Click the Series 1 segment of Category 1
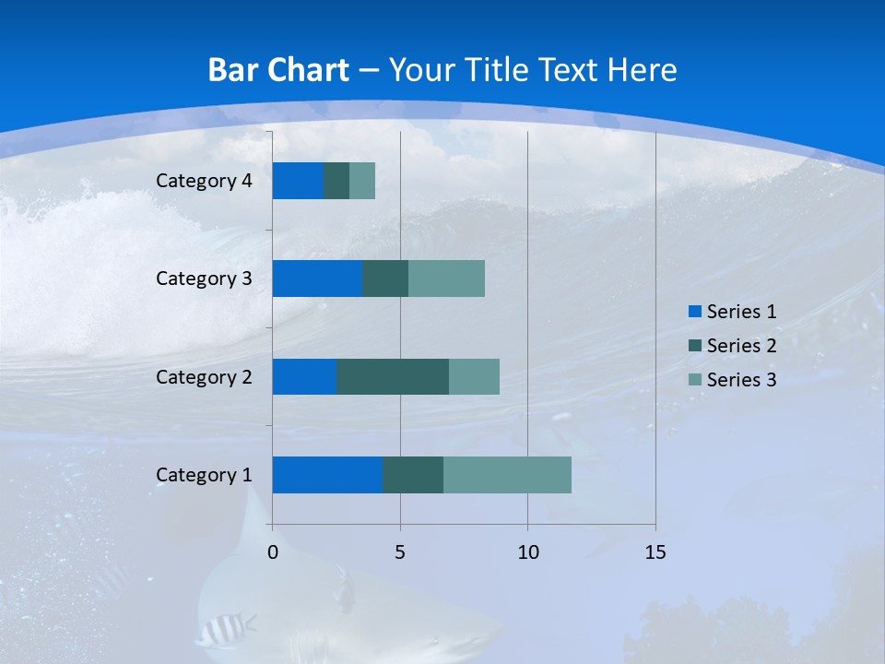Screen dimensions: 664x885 327,475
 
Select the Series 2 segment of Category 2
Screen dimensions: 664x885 393,376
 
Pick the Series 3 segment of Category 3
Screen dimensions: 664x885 446,279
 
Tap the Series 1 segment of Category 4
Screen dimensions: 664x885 298,181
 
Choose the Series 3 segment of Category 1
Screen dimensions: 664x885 507,475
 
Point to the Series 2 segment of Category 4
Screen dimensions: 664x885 336,181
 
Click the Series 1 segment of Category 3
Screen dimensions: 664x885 317,279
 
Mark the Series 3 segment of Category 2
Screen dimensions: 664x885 474,376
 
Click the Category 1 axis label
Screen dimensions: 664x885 204,475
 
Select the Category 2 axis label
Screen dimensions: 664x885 204,377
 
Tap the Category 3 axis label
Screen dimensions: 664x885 204,279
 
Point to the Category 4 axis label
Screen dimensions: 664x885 204,181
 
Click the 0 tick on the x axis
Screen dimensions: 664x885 273,552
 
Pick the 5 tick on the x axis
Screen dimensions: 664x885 400,552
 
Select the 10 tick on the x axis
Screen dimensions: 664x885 527,552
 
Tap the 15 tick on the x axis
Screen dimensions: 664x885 655,552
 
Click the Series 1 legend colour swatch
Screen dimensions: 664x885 694,312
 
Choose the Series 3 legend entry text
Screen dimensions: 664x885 741,380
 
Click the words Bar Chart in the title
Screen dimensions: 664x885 278,70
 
